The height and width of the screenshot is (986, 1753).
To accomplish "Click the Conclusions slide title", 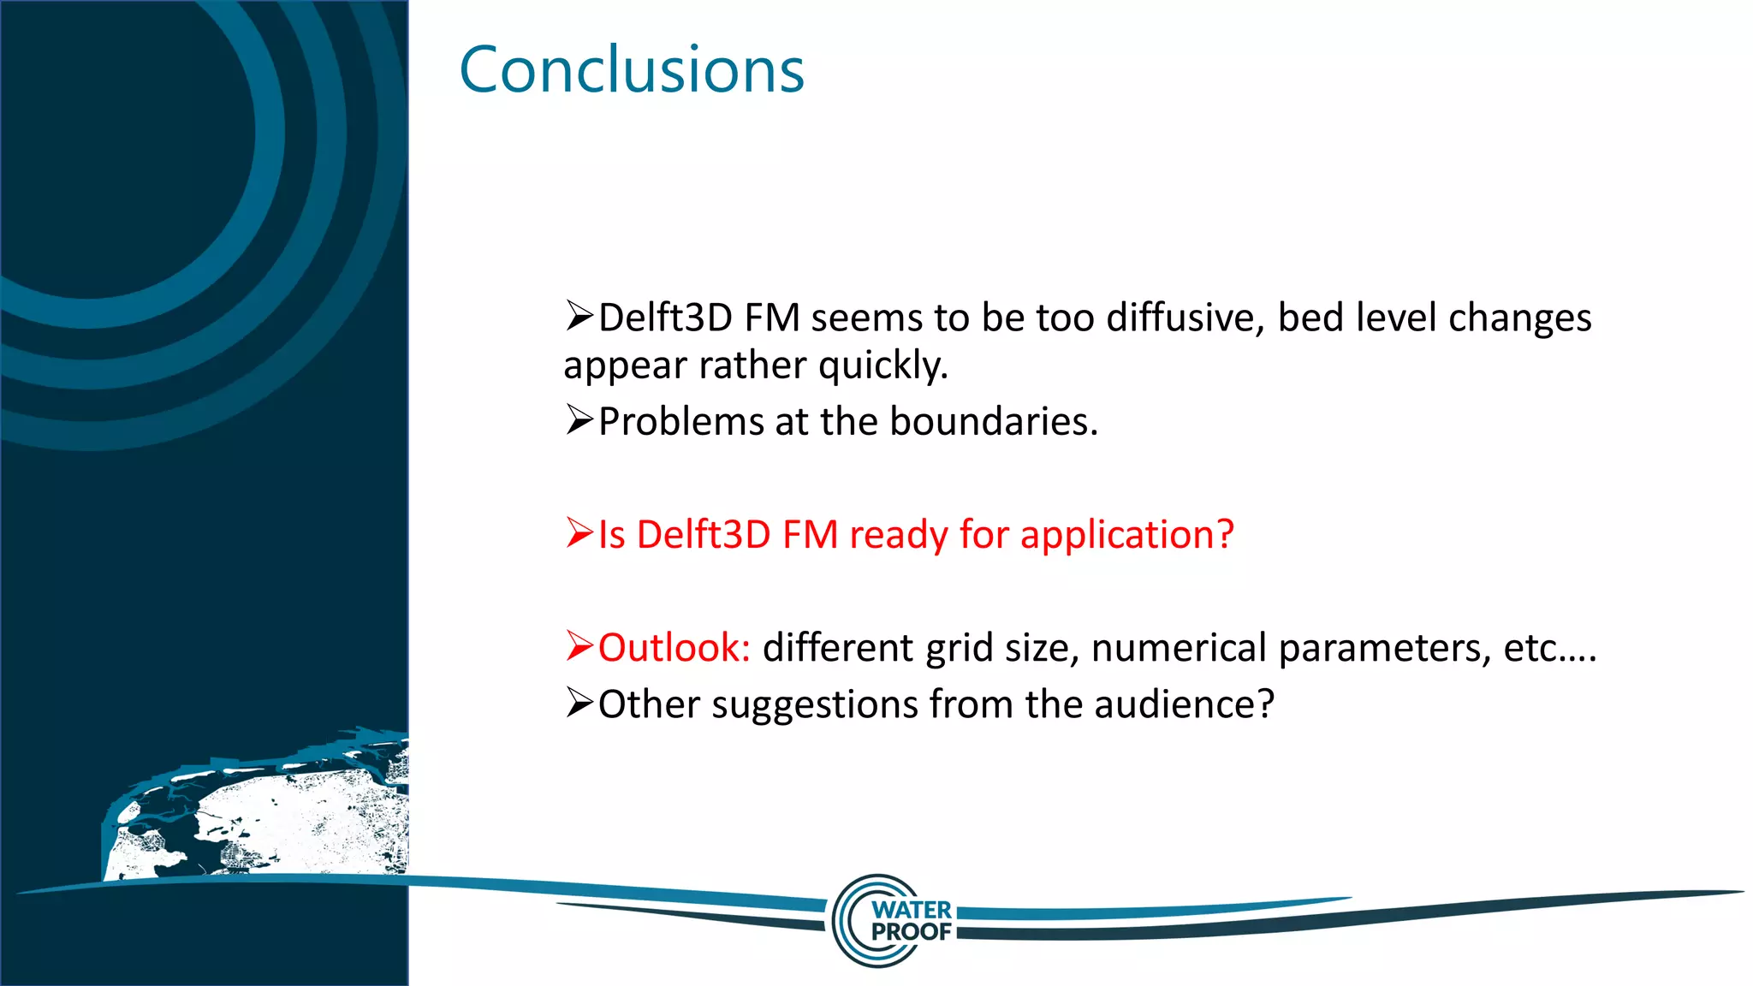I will coord(632,70).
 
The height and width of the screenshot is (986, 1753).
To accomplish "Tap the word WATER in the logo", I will coord(912,910).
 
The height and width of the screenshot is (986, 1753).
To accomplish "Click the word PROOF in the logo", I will coord(912,931).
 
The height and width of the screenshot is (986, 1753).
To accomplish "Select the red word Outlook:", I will coord(674,648).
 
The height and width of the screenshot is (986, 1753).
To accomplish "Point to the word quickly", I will coord(883,365).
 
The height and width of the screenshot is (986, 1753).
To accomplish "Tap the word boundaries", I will coord(994,422).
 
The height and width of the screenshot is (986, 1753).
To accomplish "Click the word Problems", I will coord(680,422).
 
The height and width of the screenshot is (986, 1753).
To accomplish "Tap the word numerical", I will coord(1179,648).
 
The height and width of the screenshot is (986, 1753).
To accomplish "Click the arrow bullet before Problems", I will coord(579,420).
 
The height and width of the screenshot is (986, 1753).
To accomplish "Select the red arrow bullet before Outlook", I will coord(579,646).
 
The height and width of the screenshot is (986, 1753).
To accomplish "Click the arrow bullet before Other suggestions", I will coord(579,704).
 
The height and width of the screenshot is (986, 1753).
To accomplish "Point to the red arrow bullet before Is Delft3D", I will coord(579,533).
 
